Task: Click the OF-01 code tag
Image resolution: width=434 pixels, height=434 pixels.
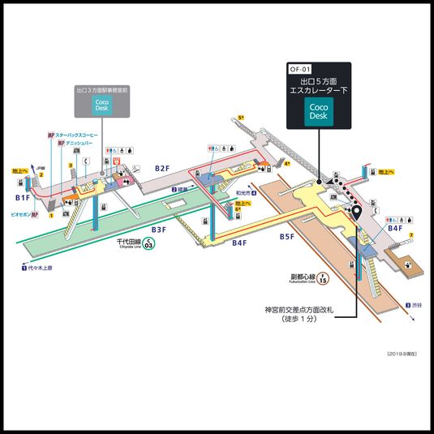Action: pos(300,70)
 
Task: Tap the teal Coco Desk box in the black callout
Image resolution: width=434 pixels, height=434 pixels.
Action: pos(320,112)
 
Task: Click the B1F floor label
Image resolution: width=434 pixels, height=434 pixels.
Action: pos(23,197)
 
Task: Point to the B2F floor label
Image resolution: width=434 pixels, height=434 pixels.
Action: pos(161,168)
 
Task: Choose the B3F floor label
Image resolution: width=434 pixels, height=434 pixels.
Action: pos(157,230)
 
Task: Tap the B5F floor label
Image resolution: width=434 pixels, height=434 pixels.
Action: pos(287,237)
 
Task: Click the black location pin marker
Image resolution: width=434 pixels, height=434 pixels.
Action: pos(355,215)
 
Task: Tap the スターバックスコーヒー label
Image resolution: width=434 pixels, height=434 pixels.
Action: pos(77,134)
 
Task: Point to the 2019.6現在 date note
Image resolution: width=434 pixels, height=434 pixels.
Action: pos(403,355)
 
